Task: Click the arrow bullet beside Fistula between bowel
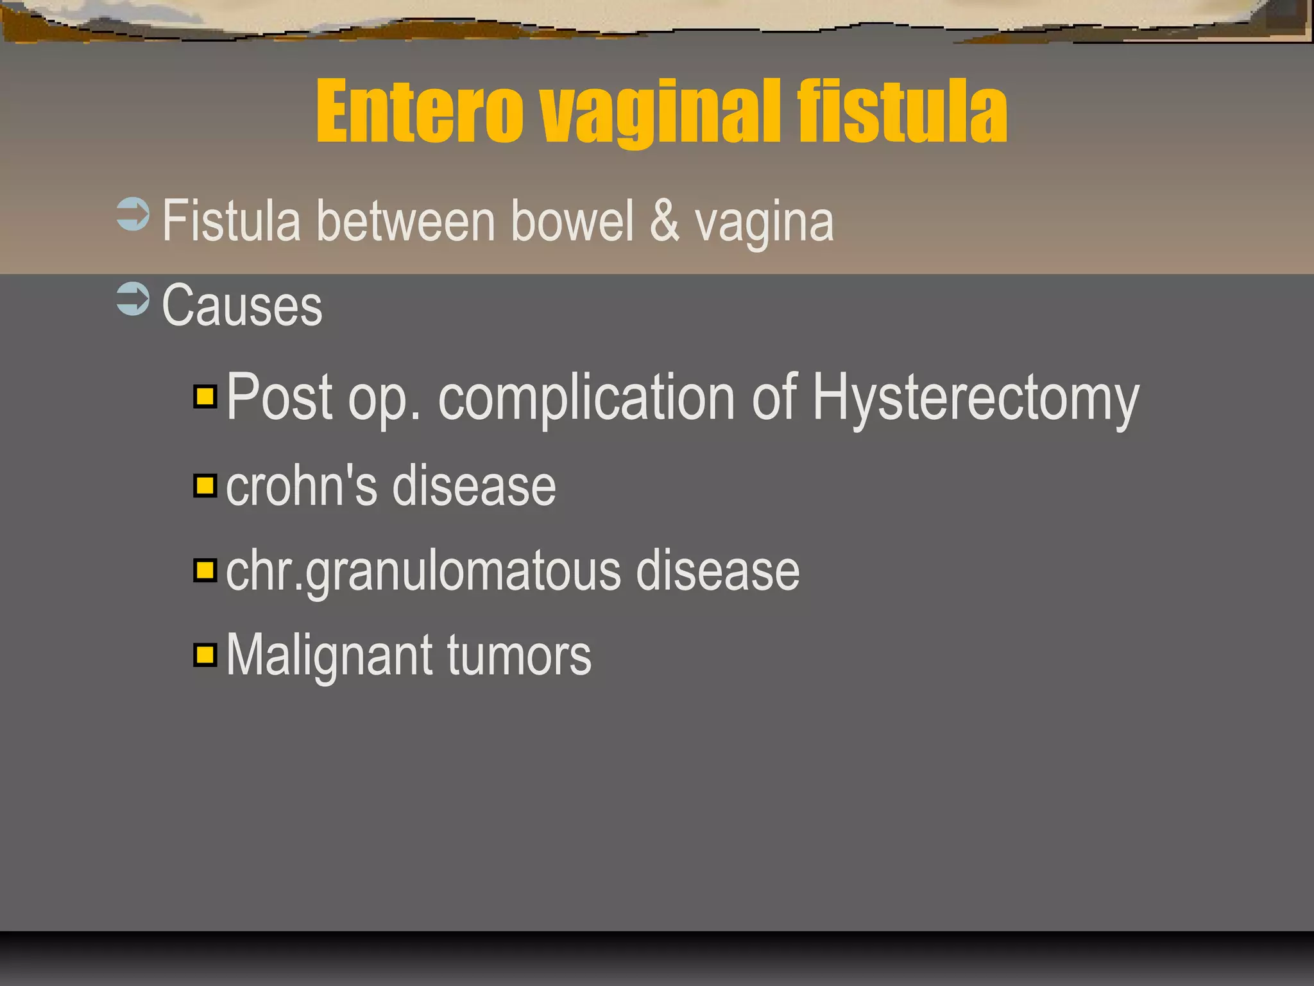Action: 133,214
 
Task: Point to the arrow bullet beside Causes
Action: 133,299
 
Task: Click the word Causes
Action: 242,306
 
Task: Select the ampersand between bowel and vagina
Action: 664,221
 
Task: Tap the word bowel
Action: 572,221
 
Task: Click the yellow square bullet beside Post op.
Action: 205,397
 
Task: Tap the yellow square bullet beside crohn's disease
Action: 205,485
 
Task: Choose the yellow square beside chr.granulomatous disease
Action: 205,570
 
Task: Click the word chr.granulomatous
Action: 423,571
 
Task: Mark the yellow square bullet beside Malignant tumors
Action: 205,655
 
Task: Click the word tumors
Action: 519,656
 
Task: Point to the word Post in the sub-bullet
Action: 280,398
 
